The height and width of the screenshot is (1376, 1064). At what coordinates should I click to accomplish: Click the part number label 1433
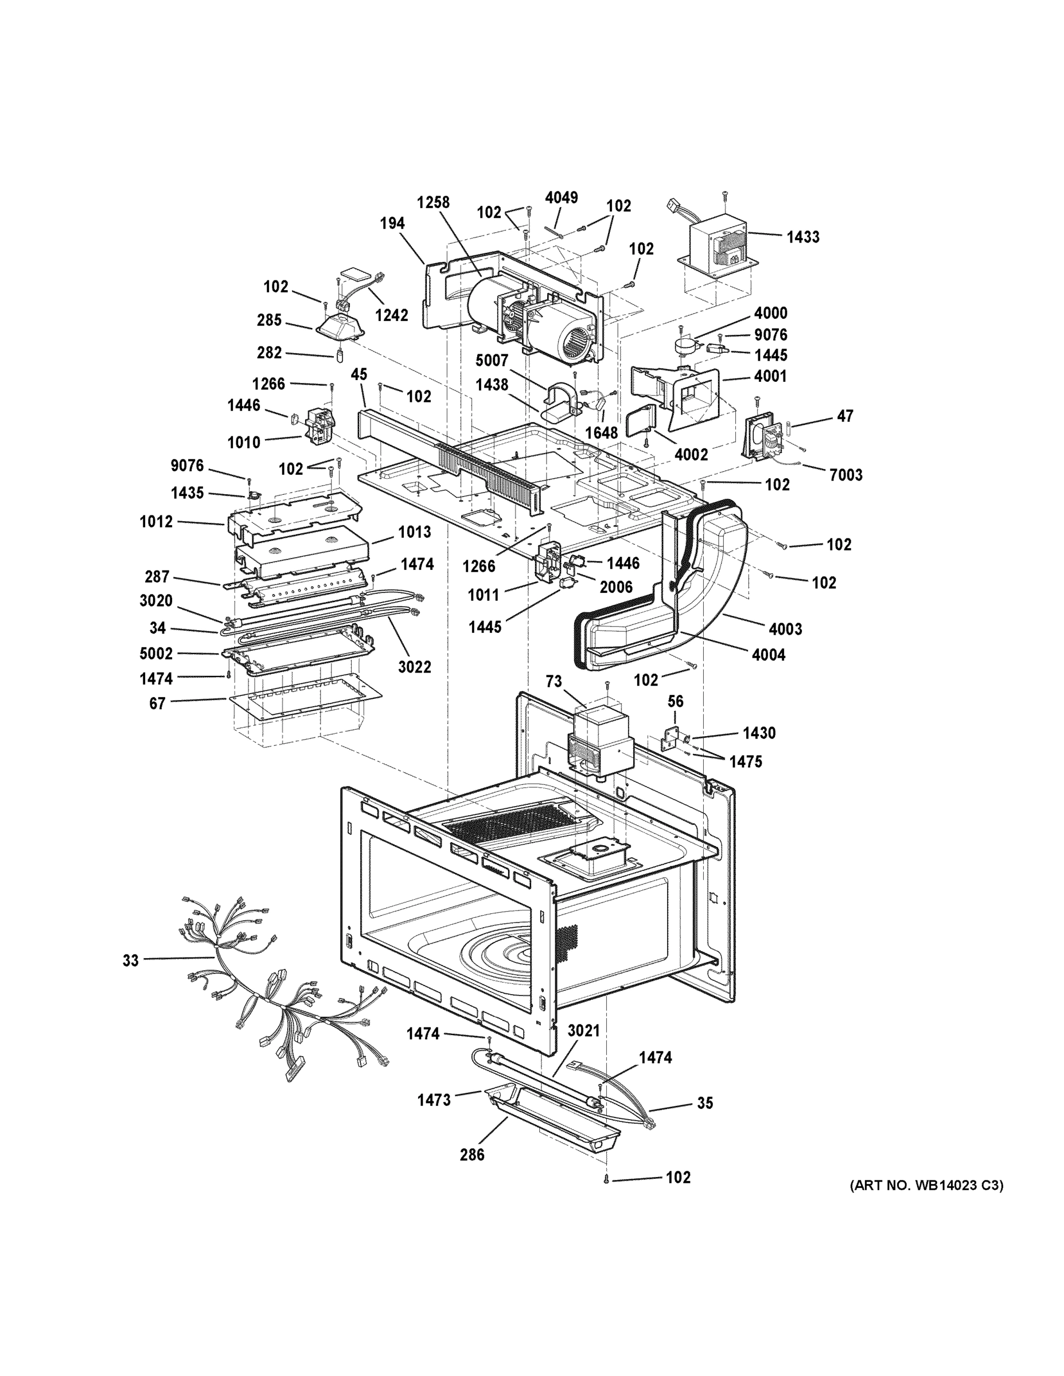[x=802, y=237]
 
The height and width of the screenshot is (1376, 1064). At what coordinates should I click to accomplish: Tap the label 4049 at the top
[x=561, y=198]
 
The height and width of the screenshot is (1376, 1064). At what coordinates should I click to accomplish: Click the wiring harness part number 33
[x=130, y=960]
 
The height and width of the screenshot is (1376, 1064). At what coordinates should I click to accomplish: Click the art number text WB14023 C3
[x=926, y=1185]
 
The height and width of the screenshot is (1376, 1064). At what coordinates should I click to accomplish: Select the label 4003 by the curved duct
[x=785, y=629]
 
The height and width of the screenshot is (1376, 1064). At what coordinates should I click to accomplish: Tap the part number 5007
[x=492, y=361]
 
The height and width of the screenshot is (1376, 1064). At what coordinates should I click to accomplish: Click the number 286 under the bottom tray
[x=471, y=1155]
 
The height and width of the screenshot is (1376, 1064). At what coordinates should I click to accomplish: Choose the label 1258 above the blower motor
[x=433, y=202]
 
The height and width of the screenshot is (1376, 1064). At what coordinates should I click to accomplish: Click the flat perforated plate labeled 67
[x=306, y=696]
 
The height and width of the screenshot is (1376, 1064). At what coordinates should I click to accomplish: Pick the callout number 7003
[x=845, y=475]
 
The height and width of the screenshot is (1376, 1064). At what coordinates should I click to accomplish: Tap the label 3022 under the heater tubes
[x=414, y=667]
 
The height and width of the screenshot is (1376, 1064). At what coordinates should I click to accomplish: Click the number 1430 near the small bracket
[x=758, y=733]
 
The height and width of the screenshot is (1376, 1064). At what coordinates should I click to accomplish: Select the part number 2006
[x=616, y=587]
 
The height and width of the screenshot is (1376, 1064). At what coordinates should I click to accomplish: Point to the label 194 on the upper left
[x=392, y=223]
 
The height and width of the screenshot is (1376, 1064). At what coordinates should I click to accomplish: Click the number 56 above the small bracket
[x=675, y=701]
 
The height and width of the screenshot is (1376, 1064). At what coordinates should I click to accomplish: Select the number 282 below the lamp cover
[x=269, y=353]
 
